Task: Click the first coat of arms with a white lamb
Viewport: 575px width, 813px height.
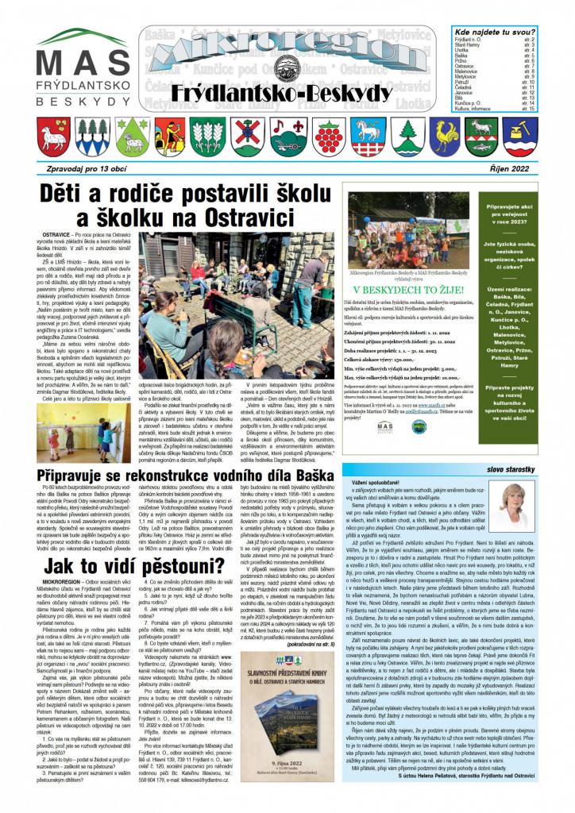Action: (54, 136)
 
